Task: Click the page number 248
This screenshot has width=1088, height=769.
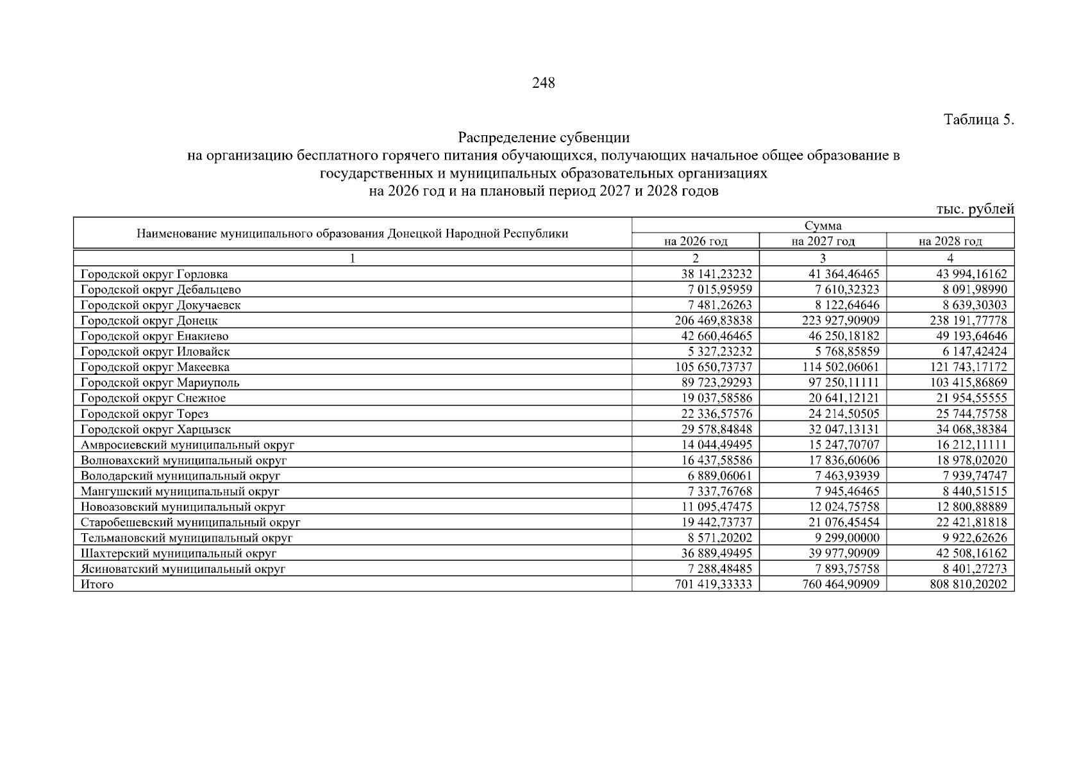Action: [x=543, y=83]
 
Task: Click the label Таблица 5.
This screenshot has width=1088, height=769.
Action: [x=978, y=120]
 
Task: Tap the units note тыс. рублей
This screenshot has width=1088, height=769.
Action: [x=975, y=209]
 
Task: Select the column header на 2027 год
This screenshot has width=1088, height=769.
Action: [x=823, y=242]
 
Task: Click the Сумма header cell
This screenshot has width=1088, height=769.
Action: [x=823, y=226]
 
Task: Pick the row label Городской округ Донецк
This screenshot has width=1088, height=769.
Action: [x=149, y=320]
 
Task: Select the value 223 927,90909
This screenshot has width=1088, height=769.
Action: [x=841, y=320]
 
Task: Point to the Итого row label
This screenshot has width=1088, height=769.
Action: [x=97, y=584]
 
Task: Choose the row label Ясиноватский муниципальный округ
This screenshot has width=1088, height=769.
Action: [x=183, y=569]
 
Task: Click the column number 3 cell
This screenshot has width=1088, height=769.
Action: [x=823, y=258]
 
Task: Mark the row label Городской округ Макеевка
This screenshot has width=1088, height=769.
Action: [x=155, y=367]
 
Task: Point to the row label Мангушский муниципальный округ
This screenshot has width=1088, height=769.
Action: [x=180, y=492]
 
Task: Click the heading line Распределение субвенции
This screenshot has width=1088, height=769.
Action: [x=543, y=138]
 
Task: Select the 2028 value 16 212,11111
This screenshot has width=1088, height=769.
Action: [x=971, y=445]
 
